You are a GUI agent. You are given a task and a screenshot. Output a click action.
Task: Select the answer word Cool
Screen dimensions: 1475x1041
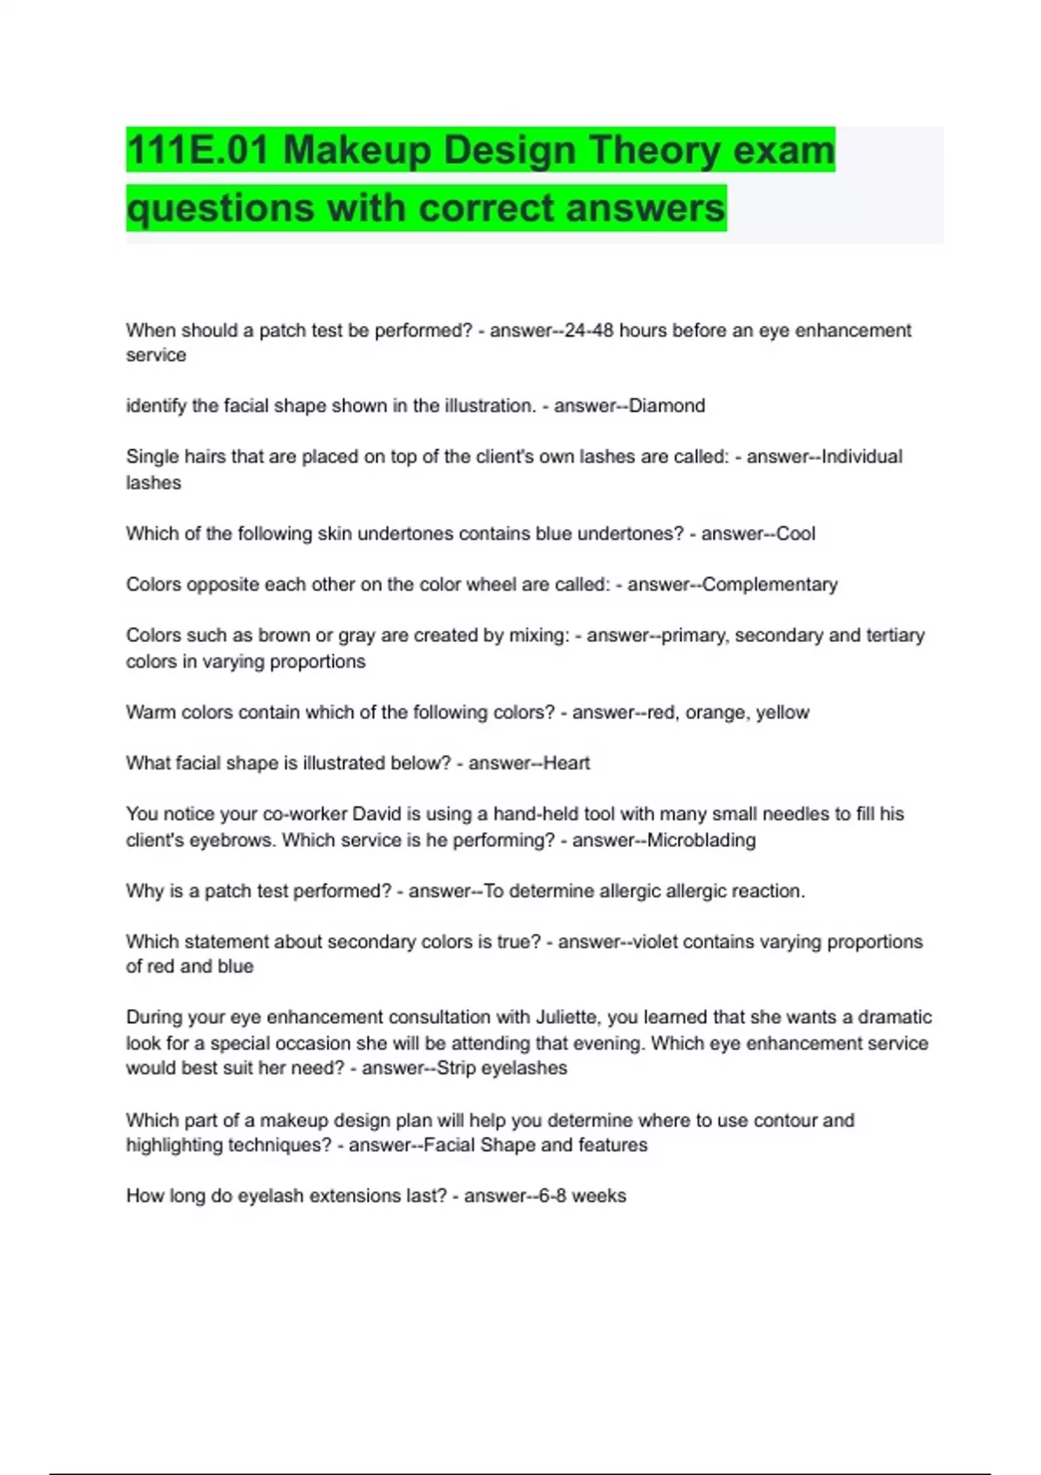coord(795,534)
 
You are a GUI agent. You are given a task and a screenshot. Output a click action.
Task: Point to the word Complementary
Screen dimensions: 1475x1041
coord(770,585)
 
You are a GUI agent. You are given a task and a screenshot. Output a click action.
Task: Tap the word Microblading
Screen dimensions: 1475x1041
coord(701,840)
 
